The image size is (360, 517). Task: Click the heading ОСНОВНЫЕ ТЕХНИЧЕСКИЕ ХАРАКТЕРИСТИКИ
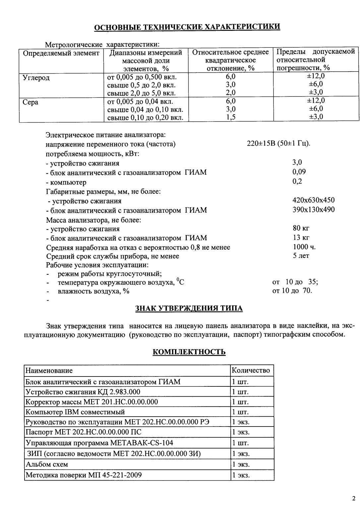click(x=187, y=27)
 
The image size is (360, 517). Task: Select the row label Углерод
click(x=36, y=78)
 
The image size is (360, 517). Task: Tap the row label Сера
click(x=30, y=102)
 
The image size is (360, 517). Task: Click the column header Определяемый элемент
click(x=61, y=53)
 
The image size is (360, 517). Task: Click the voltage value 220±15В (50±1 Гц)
click(x=278, y=144)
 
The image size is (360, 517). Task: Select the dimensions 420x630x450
click(x=313, y=200)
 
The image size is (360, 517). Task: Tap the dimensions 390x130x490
click(x=313, y=209)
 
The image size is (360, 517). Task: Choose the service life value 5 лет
click(x=301, y=256)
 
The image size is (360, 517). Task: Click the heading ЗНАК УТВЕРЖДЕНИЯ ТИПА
click(x=189, y=309)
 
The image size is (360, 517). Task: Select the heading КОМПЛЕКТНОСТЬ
click(x=189, y=352)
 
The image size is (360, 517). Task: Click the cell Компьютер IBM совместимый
click(x=75, y=412)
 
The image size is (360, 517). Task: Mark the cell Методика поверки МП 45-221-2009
click(x=84, y=475)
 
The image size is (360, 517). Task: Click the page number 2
click(x=353, y=498)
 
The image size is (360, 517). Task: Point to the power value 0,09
click(x=299, y=172)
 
